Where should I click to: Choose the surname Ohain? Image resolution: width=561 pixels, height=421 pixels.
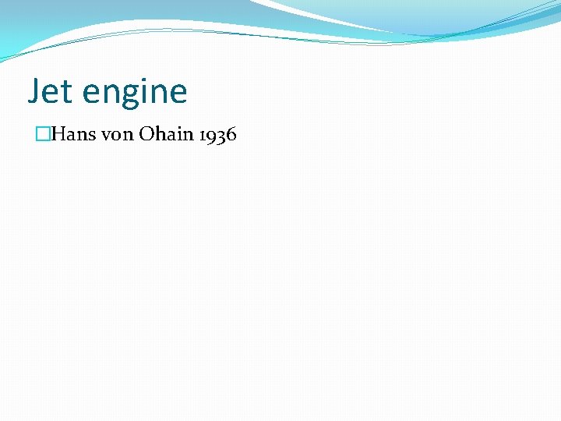click(x=166, y=134)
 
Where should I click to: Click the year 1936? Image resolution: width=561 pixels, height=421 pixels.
click(x=218, y=135)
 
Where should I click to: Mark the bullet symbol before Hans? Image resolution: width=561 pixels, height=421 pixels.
click(x=42, y=134)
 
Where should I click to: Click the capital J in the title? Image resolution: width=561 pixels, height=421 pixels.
click(x=34, y=92)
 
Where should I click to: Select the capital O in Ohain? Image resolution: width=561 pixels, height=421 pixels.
click(x=146, y=134)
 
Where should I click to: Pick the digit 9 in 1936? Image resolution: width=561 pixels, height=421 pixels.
click(x=212, y=136)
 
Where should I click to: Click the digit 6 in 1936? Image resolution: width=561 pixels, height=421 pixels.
click(x=231, y=135)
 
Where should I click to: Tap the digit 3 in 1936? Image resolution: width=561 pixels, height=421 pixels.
click(x=221, y=136)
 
